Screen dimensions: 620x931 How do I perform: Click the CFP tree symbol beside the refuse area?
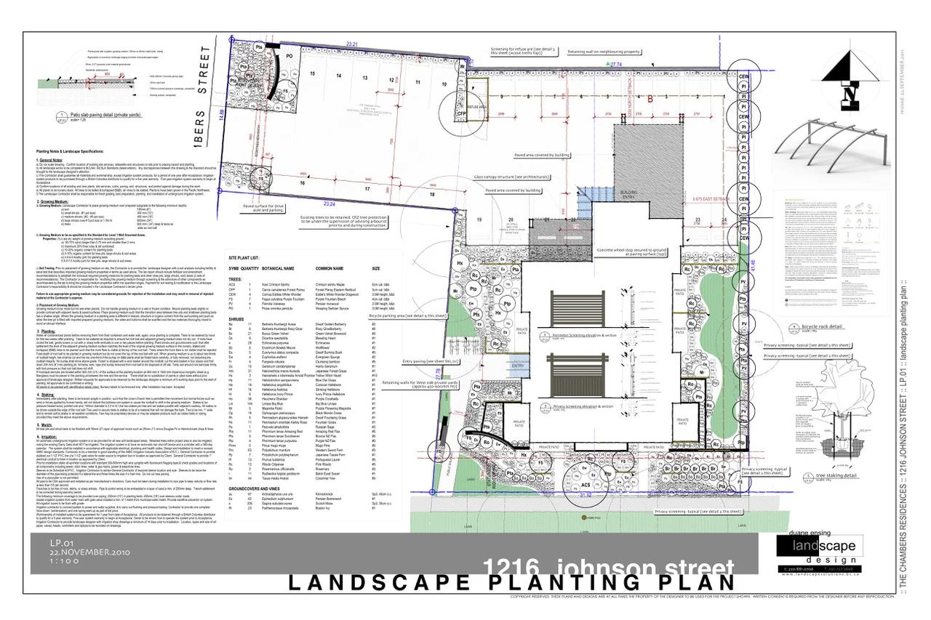coord(460,114)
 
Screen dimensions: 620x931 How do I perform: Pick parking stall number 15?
coord(311,74)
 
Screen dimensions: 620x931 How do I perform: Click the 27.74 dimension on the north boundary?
coord(616,65)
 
